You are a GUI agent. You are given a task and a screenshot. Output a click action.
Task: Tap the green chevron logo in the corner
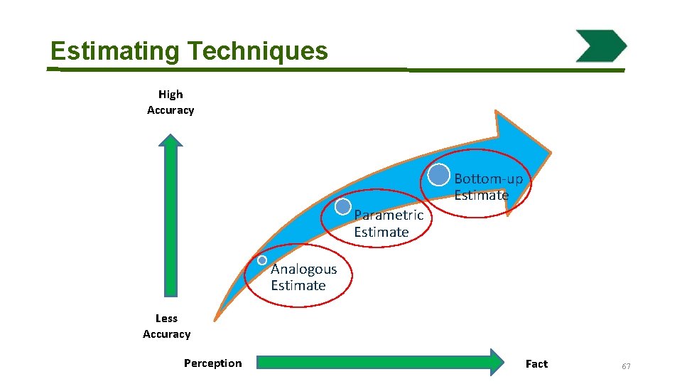pyautogui.click(x=601, y=46)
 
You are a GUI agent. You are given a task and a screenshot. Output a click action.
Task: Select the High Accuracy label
pyautogui.click(x=170, y=102)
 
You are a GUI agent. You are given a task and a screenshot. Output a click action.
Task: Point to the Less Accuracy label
pyautogui.click(x=167, y=326)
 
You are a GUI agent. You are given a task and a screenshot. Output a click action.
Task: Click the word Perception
pyautogui.click(x=212, y=363)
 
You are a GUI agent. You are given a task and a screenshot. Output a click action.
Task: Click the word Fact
pyautogui.click(x=536, y=364)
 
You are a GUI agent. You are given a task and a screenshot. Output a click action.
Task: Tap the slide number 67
pyautogui.click(x=626, y=366)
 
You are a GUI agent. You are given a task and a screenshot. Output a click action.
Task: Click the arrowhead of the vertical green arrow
pyautogui.click(x=170, y=139)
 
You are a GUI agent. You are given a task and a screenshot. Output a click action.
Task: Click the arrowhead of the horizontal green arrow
pyautogui.click(x=494, y=362)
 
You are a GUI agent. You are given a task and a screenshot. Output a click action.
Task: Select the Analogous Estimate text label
pyautogui.click(x=303, y=277)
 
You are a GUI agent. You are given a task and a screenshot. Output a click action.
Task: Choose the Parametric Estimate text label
pyautogui.click(x=388, y=223)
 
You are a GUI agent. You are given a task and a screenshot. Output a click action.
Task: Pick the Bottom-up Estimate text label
pyautogui.click(x=488, y=187)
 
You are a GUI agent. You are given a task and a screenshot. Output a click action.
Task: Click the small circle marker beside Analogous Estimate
pyautogui.click(x=262, y=260)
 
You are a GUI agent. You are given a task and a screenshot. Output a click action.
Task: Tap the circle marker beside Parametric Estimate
pyautogui.click(x=343, y=206)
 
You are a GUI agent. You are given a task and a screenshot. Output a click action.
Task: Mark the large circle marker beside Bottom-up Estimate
pyautogui.click(x=439, y=175)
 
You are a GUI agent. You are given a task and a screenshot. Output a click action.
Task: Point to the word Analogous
pyautogui.click(x=303, y=270)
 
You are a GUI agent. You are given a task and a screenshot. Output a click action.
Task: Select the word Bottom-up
pyautogui.click(x=488, y=178)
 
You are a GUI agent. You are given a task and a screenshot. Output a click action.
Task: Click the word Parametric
pyautogui.click(x=388, y=215)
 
